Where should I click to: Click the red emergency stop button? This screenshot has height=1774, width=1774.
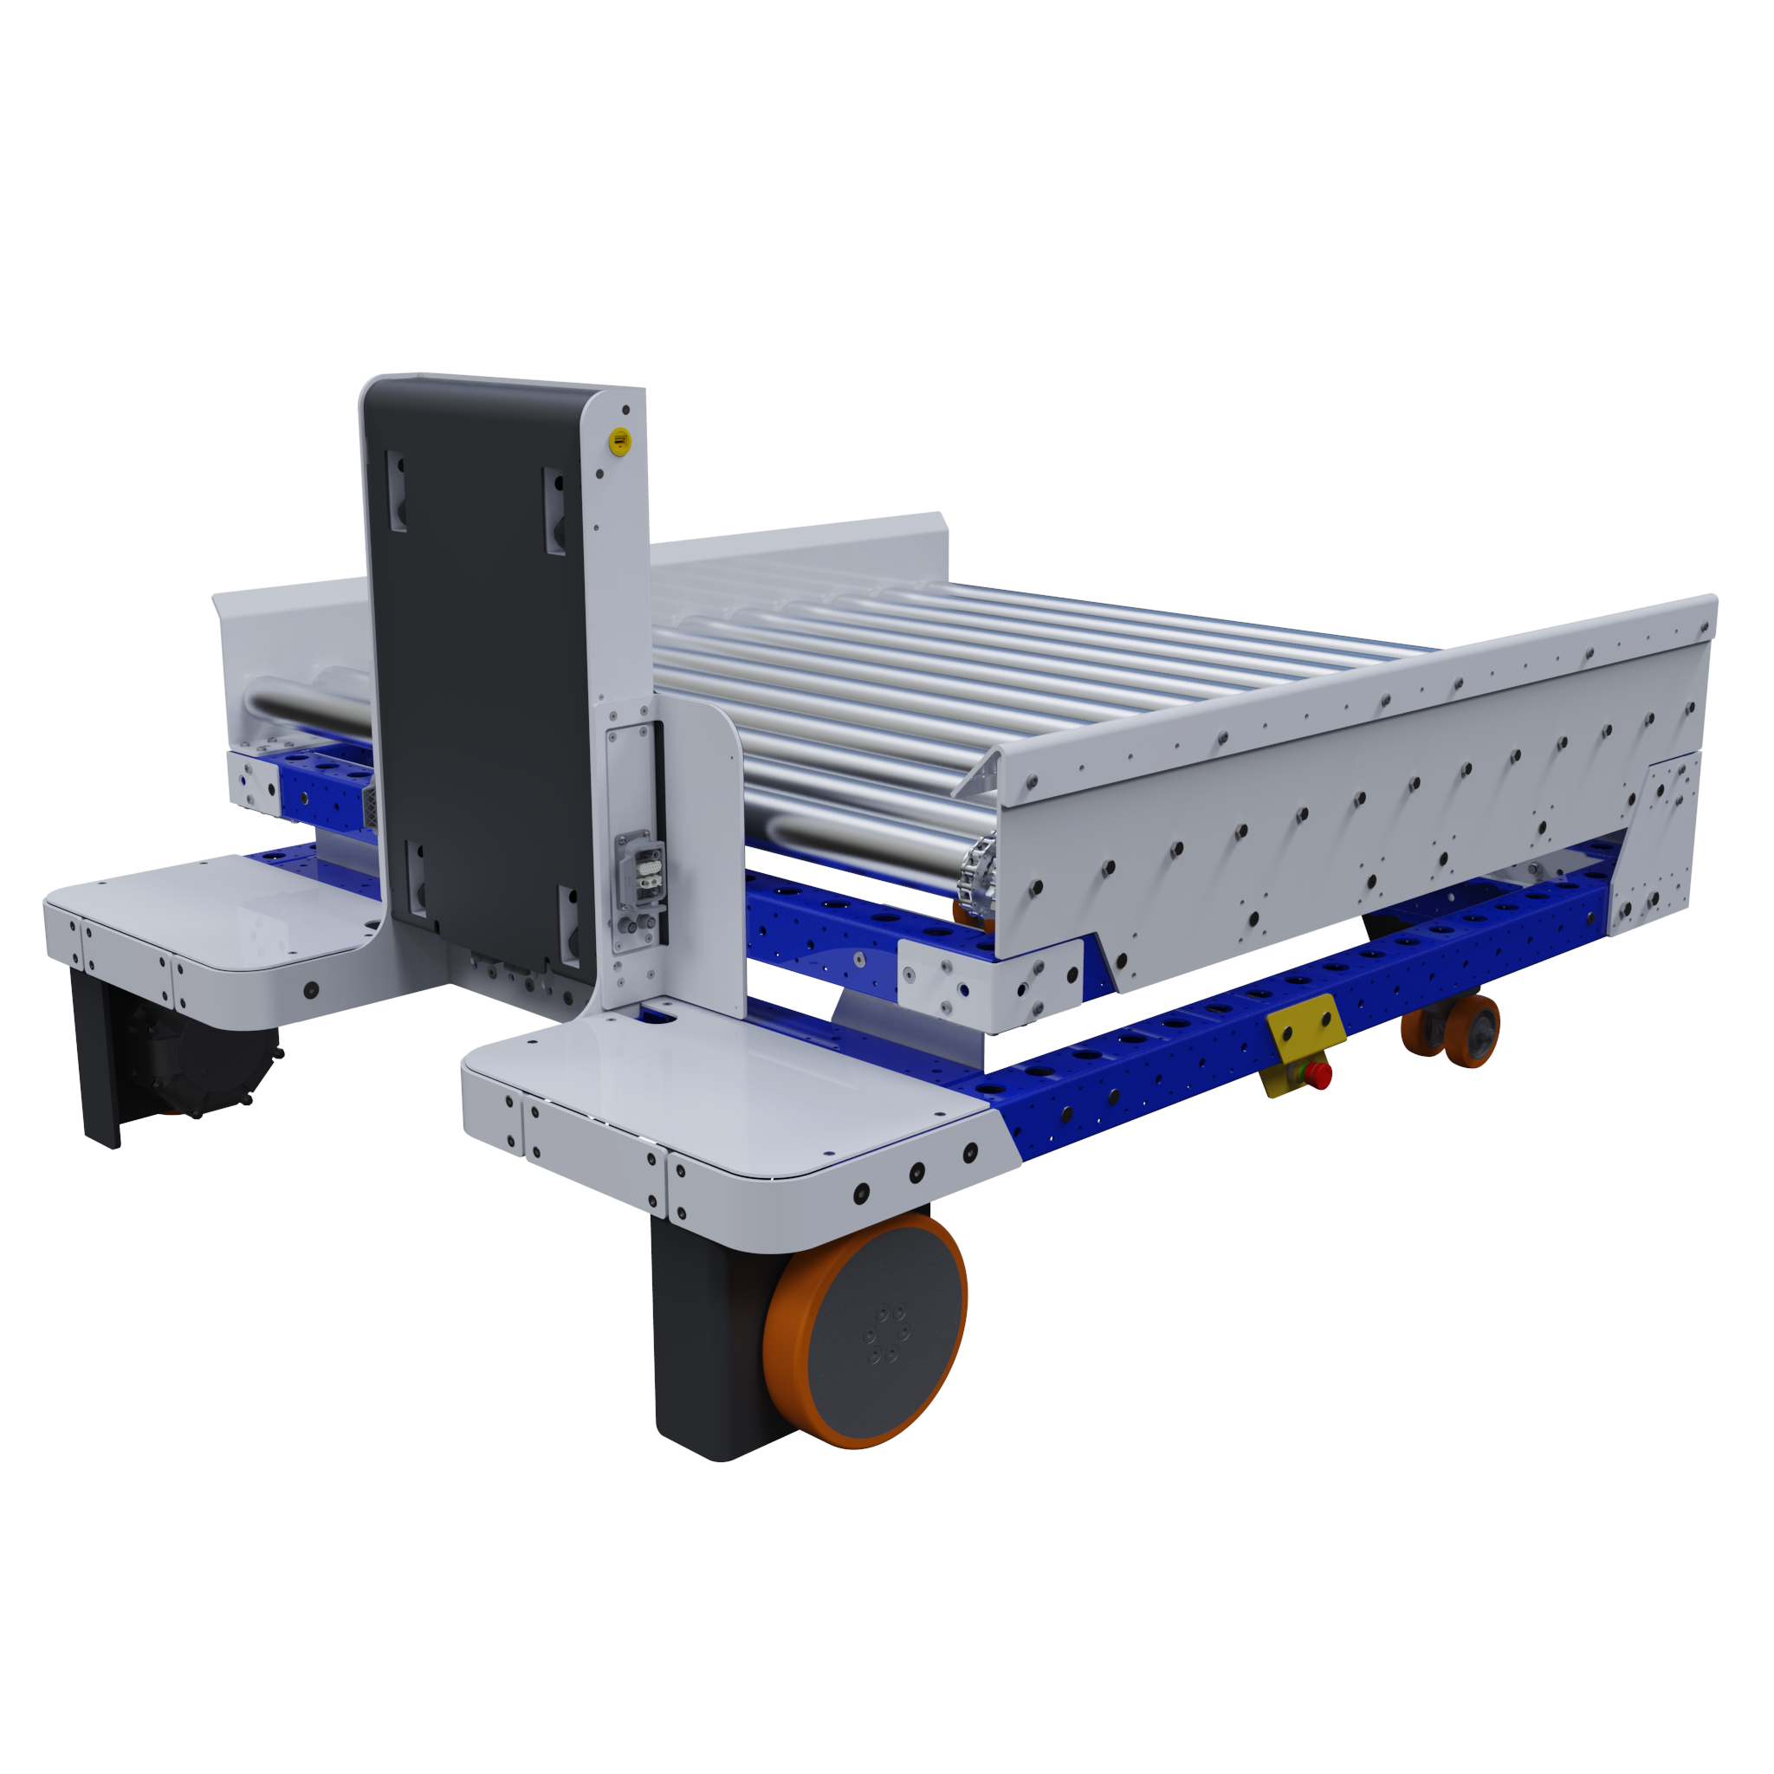pos(1318,1073)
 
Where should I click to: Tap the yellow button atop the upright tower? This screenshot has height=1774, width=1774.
pos(621,442)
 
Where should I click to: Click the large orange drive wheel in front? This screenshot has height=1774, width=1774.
pos(864,1333)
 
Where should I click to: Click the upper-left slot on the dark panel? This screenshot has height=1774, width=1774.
pos(397,490)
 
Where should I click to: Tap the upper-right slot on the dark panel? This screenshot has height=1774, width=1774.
pos(554,510)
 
